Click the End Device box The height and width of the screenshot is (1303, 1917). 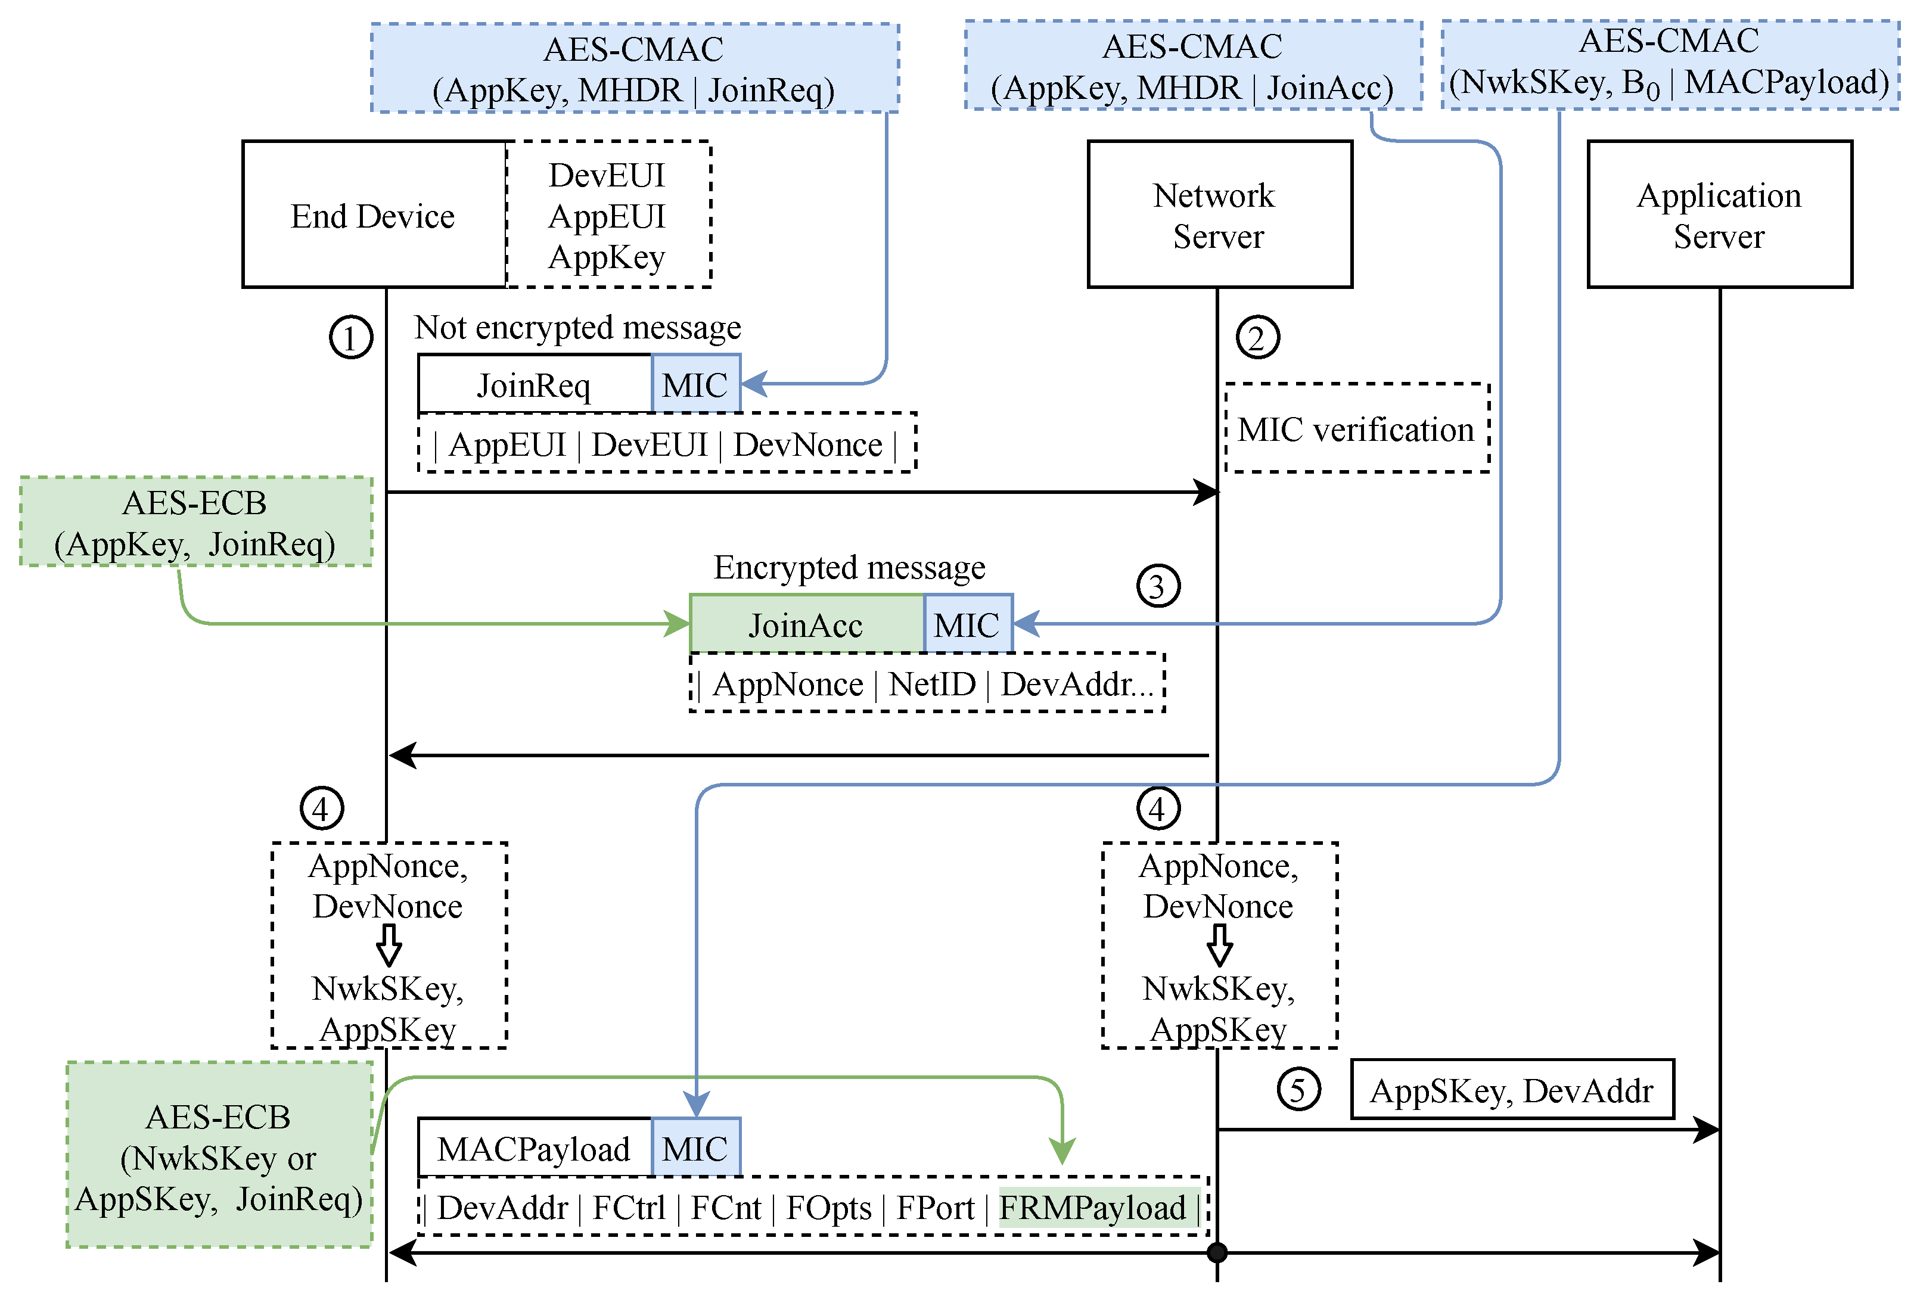[374, 215]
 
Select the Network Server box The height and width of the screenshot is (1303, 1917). [1219, 215]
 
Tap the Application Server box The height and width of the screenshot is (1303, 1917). [1719, 215]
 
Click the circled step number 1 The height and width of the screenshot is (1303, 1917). [350, 337]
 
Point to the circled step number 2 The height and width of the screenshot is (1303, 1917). [1257, 337]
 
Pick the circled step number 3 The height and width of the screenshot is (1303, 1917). [1157, 586]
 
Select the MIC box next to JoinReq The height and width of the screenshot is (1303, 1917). [695, 384]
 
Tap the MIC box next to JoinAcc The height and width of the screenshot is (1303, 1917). [967, 624]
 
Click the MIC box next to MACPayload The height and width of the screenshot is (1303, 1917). [695, 1148]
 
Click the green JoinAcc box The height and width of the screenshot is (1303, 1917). [806, 624]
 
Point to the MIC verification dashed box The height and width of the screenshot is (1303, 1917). [1356, 429]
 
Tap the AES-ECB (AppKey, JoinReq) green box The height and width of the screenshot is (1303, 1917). [195, 522]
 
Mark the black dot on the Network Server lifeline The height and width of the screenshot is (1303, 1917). [1217, 1253]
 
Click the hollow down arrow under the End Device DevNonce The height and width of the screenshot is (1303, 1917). [389, 944]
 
